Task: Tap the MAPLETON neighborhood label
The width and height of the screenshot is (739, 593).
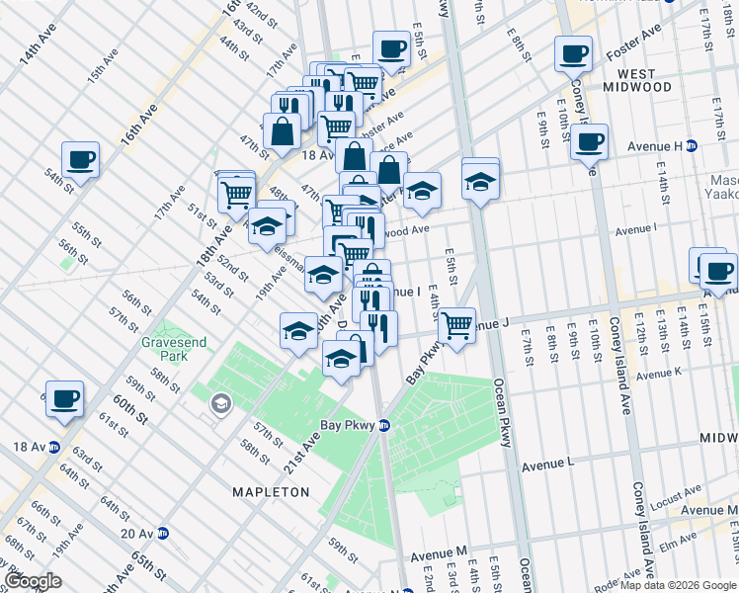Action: [x=271, y=491]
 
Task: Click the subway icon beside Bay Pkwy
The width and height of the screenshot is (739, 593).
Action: [x=384, y=426]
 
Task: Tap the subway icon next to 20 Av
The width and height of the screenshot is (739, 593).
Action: [x=162, y=533]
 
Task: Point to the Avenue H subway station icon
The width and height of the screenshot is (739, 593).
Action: [x=692, y=146]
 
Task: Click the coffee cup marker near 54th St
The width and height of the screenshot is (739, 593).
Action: [x=80, y=158]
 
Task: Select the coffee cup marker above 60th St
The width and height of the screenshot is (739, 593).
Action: [x=64, y=398]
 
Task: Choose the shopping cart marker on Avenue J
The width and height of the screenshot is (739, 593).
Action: [x=456, y=323]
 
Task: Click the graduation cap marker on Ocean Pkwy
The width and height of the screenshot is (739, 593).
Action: [x=480, y=182]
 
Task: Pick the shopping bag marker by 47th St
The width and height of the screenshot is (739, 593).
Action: [x=282, y=130]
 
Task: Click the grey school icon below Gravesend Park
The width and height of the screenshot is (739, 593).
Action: [x=218, y=402]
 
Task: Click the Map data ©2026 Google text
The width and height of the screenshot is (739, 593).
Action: [x=678, y=585]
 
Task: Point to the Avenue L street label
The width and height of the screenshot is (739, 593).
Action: [x=548, y=464]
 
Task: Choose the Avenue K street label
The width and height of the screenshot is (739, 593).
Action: [x=659, y=374]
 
